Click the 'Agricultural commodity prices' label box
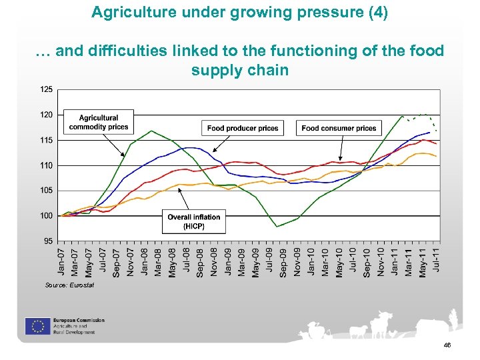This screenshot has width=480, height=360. pos(99,123)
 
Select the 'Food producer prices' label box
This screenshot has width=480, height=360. pos(243,128)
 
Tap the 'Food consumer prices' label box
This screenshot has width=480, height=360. pos(339,128)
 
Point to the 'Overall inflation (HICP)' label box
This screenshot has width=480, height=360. pos(194,221)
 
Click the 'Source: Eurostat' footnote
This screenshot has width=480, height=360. pos(69,285)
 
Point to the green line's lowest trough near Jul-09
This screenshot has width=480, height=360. pos(277,227)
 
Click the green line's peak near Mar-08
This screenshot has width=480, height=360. pos(152,131)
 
